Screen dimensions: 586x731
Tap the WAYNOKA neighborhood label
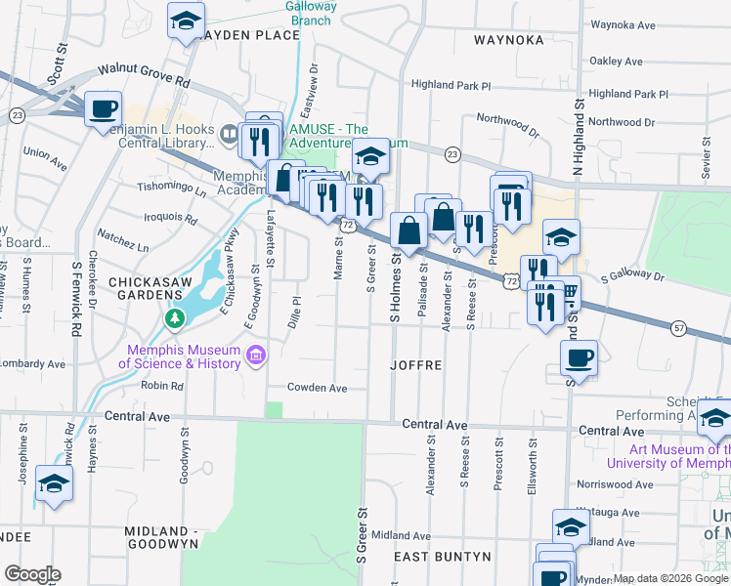click(x=507, y=40)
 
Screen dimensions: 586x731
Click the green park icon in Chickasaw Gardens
click(x=175, y=318)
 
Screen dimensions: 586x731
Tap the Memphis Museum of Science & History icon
click(x=256, y=355)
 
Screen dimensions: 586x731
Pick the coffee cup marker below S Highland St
click(x=580, y=357)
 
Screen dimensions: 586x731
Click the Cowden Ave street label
click(x=317, y=388)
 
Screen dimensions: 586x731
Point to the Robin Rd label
click(x=162, y=386)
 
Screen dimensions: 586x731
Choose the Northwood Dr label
click(x=623, y=122)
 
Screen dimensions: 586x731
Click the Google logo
click(x=31, y=574)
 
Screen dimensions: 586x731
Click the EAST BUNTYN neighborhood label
click(x=442, y=557)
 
